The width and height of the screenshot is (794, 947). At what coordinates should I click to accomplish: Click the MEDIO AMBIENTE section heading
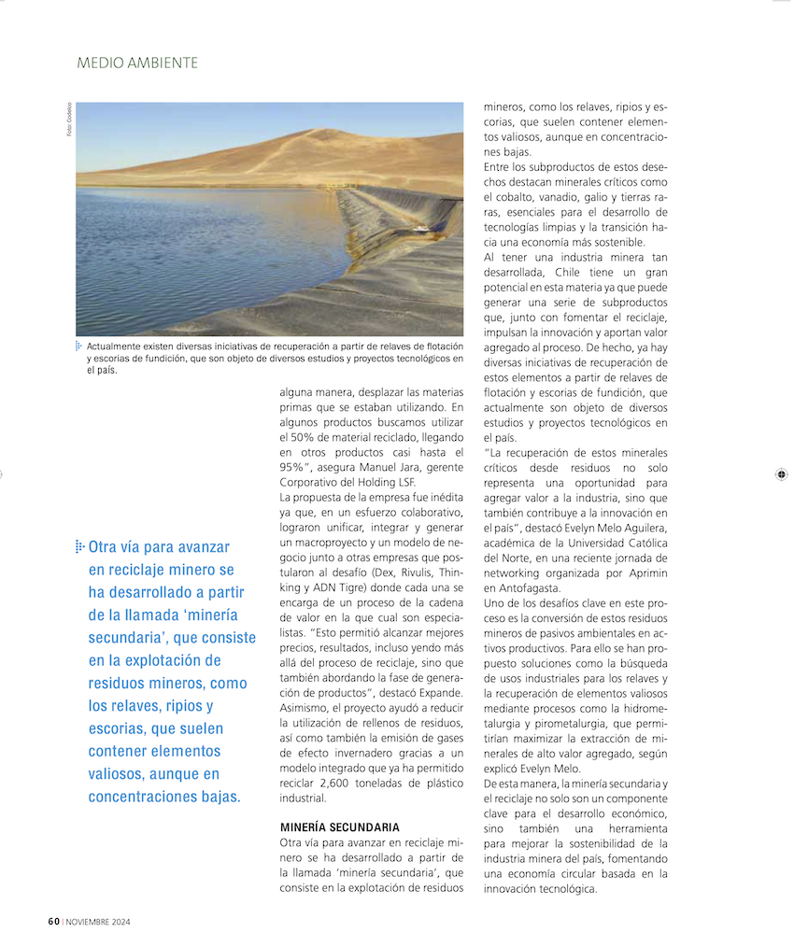(x=137, y=64)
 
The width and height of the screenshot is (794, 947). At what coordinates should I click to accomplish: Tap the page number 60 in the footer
(x=54, y=921)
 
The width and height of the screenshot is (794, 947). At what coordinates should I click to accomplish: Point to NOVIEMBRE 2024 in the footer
(x=98, y=922)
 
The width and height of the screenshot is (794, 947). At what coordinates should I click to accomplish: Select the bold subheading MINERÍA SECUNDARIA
(x=340, y=827)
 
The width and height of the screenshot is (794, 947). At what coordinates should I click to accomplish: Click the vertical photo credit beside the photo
(x=68, y=120)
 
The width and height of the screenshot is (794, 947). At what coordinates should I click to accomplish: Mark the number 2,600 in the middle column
(x=336, y=784)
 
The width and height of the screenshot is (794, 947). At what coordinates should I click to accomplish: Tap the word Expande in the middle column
(x=440, y=693)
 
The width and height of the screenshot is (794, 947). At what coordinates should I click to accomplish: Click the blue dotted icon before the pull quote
(x=80, y=545)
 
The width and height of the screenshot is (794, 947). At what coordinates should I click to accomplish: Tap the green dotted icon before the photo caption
(x=79, y=346)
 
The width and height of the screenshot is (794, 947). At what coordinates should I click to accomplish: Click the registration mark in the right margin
(x=780, y=475)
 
